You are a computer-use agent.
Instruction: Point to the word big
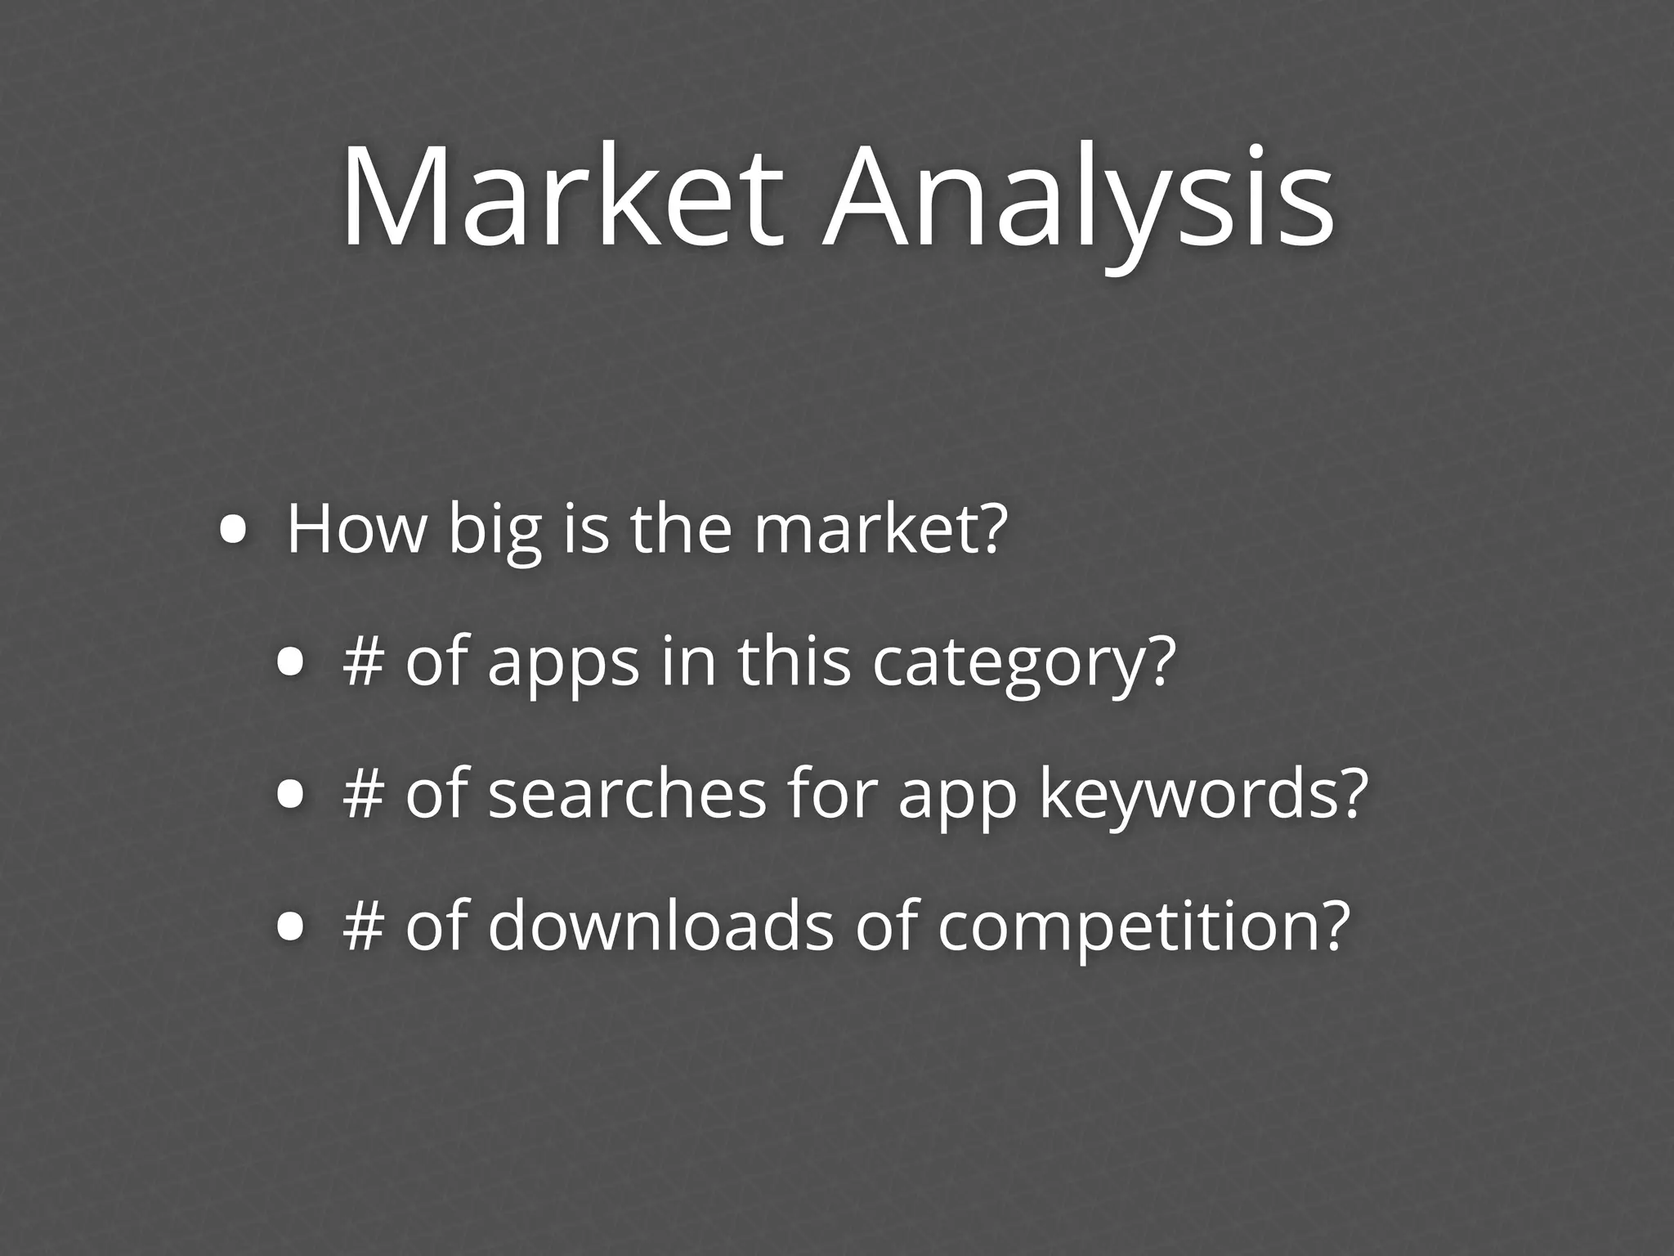click(495, 534)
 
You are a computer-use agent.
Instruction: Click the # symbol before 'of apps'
click(364, 663)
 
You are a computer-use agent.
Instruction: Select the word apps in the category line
click(563, 666)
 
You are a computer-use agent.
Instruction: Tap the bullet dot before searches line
click(290, 796)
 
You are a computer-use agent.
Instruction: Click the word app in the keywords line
click(957, 799)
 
